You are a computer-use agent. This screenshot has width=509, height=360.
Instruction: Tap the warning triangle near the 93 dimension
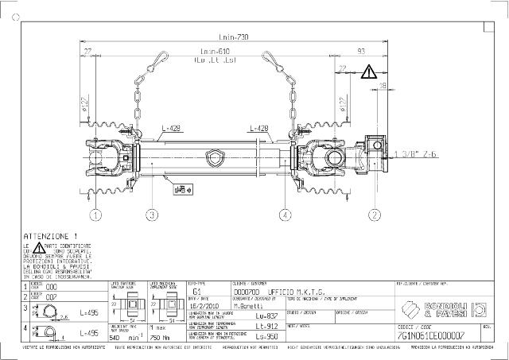pyautogui.click(x=369, y=72)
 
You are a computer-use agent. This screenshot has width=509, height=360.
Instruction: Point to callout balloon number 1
pyautogui.click(x=95, y=214)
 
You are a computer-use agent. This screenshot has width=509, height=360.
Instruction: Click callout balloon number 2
pyautogui.click(x=375, y=214)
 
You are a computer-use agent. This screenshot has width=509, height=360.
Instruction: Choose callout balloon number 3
pyautogui.click(x=152, y=214)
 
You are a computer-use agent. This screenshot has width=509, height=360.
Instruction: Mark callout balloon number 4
pyautogui.click(x=284, y=214)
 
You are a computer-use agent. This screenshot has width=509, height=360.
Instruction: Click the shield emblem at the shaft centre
pyautogui.click(x=212, y=156)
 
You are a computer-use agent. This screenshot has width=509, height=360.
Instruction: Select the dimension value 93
pyautogui.click(x=362, y=52)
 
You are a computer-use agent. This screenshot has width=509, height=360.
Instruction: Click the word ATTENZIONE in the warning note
pyautogui.click(x=48, y=236)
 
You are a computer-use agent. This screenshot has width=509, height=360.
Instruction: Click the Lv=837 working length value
pyautogui.click(x=267, y=315)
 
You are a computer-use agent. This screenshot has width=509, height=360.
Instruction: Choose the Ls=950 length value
pyautogui.click(x=267, y=336)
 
